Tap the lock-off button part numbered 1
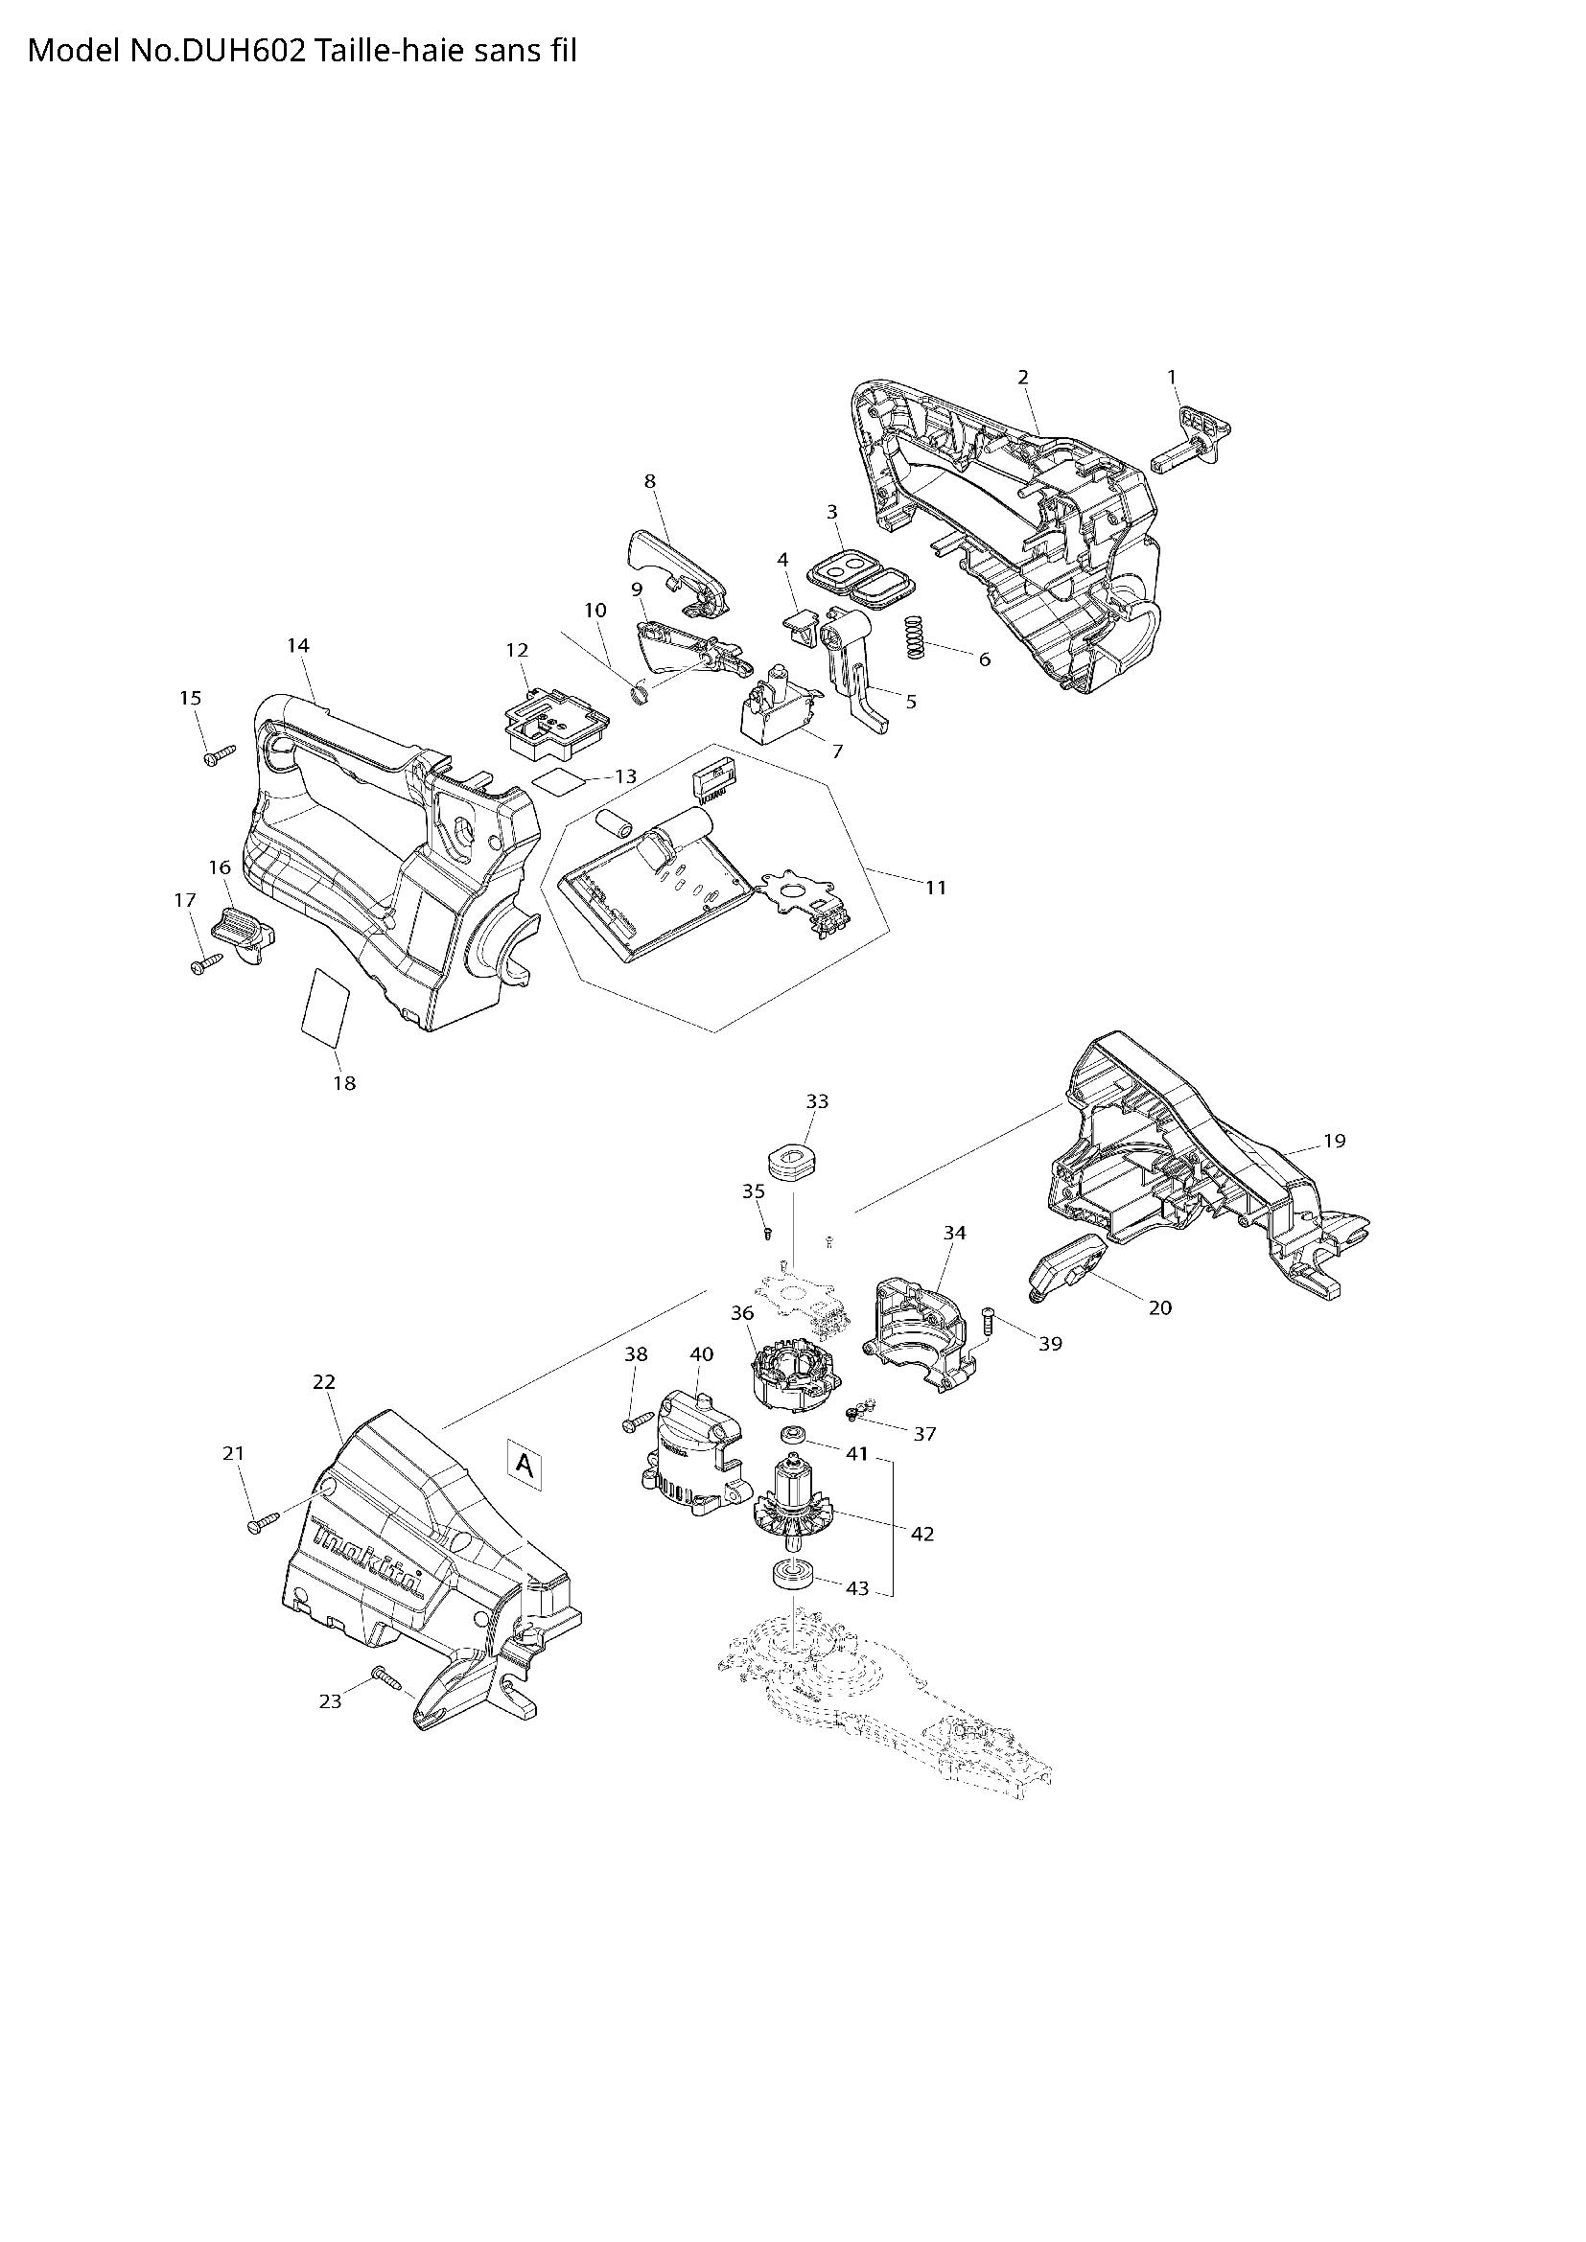coord(1194,438)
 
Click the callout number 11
coord(936,888)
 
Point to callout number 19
coord(1334,1141)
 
